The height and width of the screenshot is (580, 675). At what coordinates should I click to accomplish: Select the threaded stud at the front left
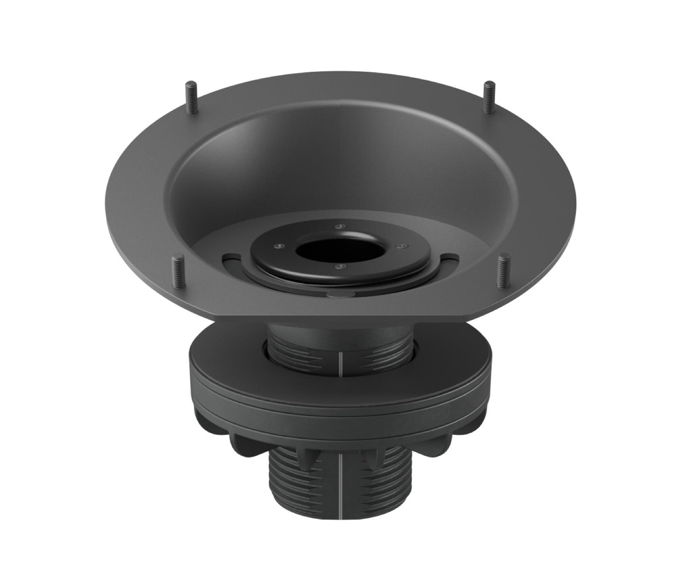tap(178, 271)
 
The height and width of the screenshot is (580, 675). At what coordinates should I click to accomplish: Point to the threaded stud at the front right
tap(503, 271)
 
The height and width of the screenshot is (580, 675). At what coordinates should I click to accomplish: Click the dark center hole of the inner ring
tap(340, 249)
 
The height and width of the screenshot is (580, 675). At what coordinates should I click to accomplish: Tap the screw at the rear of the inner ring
tap(340, 226)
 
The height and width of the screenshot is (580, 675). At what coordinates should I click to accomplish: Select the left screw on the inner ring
tap(278, 247)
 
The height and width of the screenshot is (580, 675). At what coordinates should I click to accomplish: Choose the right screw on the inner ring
tap(398, 247)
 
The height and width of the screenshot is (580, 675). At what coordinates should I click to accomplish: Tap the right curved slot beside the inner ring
tap(449, 257)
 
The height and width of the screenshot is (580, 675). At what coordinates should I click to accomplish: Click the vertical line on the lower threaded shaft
tap(341, 482)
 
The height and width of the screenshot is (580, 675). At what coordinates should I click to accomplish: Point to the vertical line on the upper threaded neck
tap(341, 361)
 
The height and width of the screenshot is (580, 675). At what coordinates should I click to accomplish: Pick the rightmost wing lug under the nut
tap(476, 423)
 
